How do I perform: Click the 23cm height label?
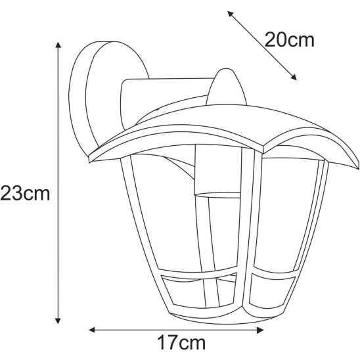(26, 194)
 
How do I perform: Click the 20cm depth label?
(290, 41)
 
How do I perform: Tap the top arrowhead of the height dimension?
(58, 45)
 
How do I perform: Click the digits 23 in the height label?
(14, 194)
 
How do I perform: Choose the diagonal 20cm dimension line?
(261, 46)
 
